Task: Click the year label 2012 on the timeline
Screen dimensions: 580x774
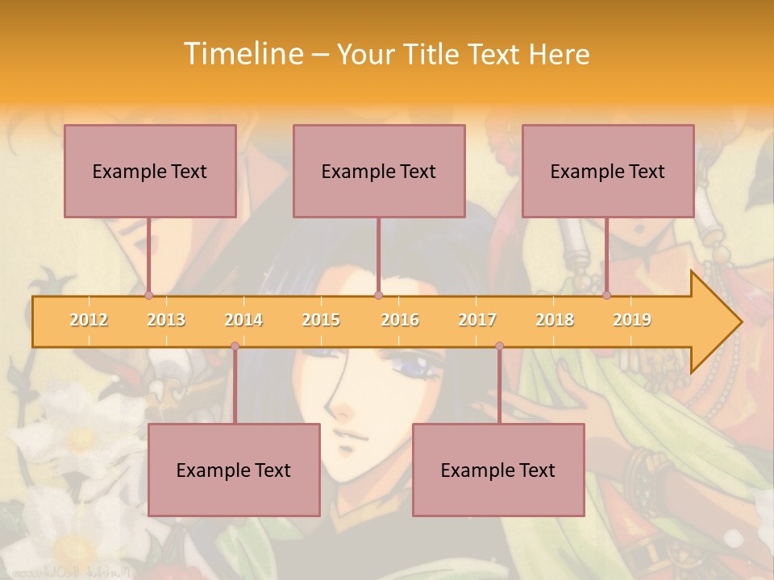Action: tap(89, 320)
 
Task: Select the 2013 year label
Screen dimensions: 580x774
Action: tap(166, 320)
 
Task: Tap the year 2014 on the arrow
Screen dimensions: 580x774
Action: tap(243, 320)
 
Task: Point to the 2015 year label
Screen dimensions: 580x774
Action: tap(321, 320)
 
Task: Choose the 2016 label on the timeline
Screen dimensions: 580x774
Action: tap(400, 320)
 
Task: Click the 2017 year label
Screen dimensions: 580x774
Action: tap(477, 320)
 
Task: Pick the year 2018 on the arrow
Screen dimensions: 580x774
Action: tap(555, 320)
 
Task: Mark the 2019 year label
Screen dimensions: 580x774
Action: tap(632, 320)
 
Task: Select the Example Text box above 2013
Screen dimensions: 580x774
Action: tap(150, 171)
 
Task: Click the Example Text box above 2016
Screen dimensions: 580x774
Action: tap(379, 171)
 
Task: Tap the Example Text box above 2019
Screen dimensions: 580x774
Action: tap(608, 171)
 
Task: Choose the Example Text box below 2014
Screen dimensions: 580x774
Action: tap(234, 470)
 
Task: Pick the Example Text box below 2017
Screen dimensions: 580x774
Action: tap(498, 470)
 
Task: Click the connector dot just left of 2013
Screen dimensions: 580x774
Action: tap(148, 296)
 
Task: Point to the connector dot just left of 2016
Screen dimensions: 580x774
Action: tap(378, 296)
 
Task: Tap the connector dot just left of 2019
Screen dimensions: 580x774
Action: tap(606, 296)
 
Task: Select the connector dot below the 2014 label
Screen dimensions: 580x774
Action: tap(235, 346)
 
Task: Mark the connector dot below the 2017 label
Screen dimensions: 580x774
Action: tap(499, 346)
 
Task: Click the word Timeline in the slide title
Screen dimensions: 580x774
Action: tap(243, 54)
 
